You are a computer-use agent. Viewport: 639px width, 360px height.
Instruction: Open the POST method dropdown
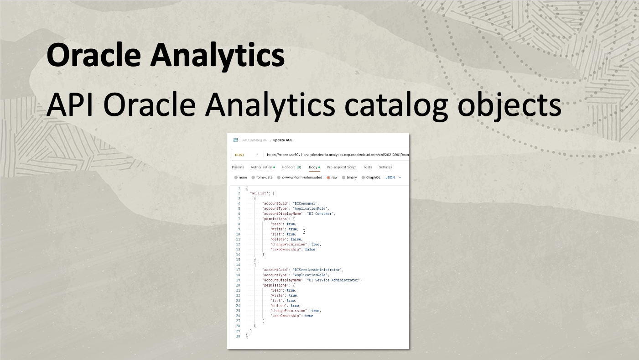pyautogui.click(x=247, y=155)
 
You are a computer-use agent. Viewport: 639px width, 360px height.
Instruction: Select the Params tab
pyautogui.click(x=238, y=167)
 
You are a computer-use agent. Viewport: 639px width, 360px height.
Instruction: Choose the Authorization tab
pyautogui.click(x=261, y=167)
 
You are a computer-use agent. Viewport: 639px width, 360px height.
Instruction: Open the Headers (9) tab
pyautogui.click(x=291, y=167)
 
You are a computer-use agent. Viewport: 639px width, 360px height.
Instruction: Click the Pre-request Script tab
pyautogui.click(x=342, y=167)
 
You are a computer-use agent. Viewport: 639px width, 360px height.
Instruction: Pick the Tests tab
pyautogui.click(x=368, y=167)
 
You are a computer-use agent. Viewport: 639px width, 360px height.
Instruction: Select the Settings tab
pyautogui.click(x=385, y=167)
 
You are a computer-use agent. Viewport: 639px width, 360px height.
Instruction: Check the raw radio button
pyautogui.click(x=328, y=177)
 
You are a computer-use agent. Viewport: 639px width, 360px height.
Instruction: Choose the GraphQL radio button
pyautogui.click(x=363, y=177)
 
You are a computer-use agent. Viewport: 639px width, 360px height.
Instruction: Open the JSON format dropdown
pyautogui.click(x=393, y=177)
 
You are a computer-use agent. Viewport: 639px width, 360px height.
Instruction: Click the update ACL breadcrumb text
pyautogui.click(x=282, y=140)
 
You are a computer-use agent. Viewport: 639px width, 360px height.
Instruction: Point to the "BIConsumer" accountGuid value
pyautogui.click(x=305, y=203)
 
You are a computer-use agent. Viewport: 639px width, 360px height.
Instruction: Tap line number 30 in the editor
pyautogui.click(x=238, y=336)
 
